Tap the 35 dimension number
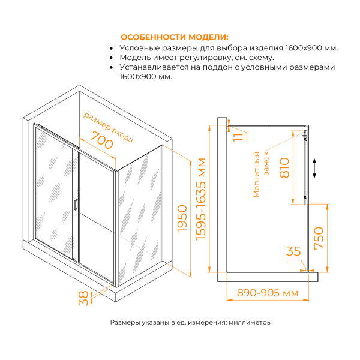[x=293, y=251]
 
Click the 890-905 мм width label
[x=266, y=294]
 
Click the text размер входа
[x=107, y=126]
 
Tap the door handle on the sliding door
[x=75, y=204]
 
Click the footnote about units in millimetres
[x=191, y=322]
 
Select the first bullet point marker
[x=112, y=48]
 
